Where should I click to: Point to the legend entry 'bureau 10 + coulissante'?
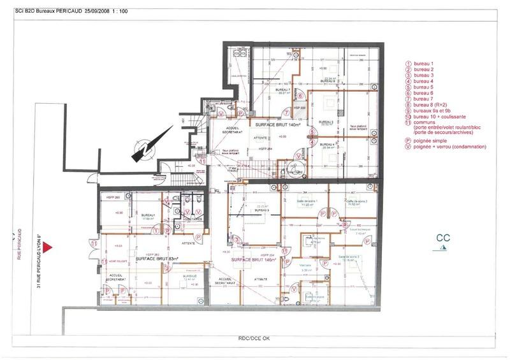click(x=439, y=117)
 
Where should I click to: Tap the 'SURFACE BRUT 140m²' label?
click(x=276, y=126)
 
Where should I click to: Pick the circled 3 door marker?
click(x=313, y=133)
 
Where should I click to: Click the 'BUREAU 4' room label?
click(x=328, y=144)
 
